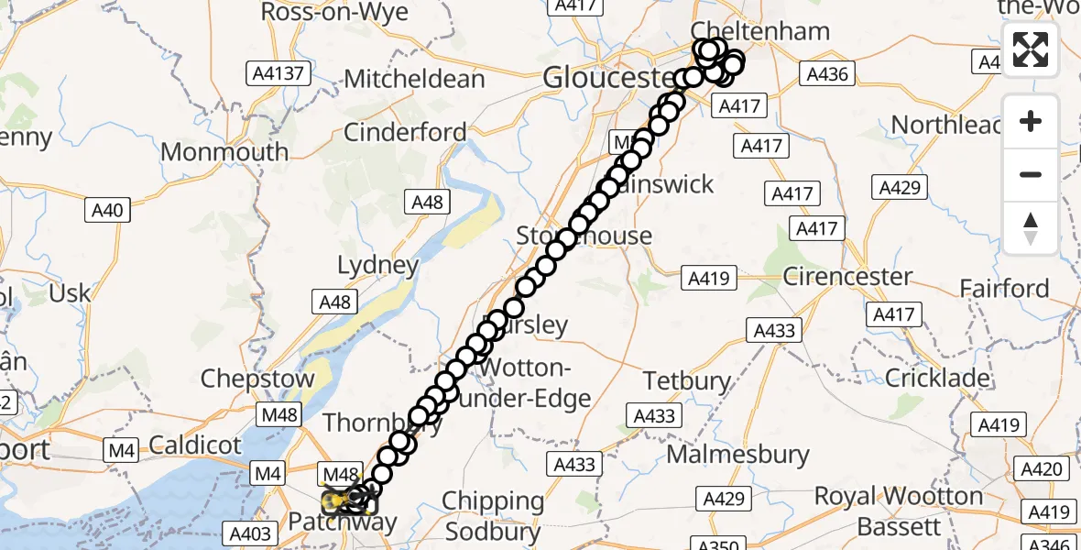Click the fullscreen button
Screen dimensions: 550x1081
[1031, 49]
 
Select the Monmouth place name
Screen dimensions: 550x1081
[224, 151]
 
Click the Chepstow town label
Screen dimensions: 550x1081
[257, 379]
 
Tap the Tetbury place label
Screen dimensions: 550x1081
[687, 380]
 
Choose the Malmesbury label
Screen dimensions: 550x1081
[738, 454]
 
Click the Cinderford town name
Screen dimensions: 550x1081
[405, 132]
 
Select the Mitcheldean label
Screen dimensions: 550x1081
[414, 79]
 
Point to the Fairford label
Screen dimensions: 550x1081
[1004, 289]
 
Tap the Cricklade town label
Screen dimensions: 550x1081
[938, 378]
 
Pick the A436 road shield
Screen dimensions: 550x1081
[826, 74]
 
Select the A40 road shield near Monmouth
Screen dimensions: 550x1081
[107, 211]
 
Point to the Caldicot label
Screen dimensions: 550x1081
[194, 445]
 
